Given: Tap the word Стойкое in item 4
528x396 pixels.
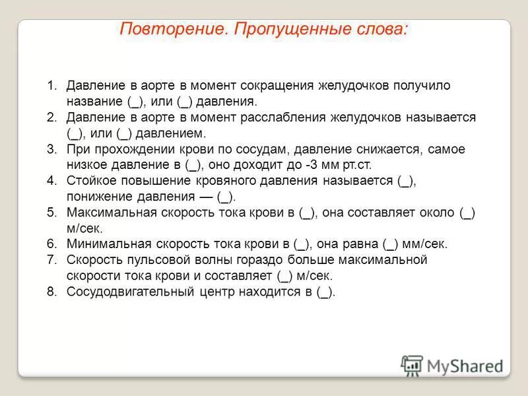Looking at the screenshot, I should (89, 181).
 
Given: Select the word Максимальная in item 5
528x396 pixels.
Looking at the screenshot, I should (111, 213).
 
